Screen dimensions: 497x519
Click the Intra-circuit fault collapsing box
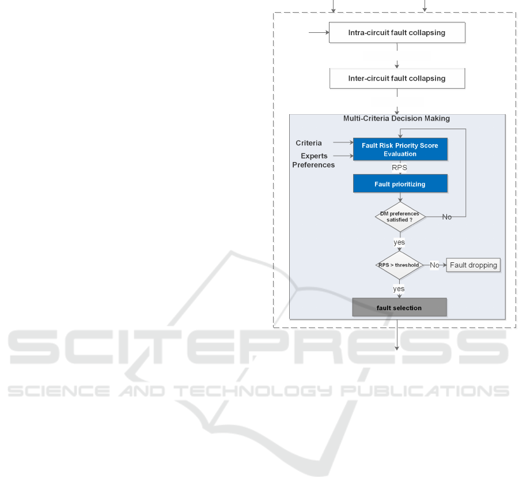[396, 33]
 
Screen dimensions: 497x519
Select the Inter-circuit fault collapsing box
[396, 78]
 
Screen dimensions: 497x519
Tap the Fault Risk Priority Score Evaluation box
[400, 150]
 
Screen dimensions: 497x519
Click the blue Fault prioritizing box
[400, 183]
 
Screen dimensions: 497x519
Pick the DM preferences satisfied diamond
[400, 217]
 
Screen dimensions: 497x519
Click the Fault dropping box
[473, 265]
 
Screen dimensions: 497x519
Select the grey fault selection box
[399, 308]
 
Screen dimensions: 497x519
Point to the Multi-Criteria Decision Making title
[396, 119]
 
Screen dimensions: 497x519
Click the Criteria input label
[309, 142]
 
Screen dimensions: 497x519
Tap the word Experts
[314, 156]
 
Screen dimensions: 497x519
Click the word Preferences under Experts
[313, 165]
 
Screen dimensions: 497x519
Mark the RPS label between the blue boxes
[399, 168]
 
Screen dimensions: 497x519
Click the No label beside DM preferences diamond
[447, 217]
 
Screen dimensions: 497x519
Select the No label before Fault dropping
[434, 265]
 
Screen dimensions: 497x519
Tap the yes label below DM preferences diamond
[399, 242]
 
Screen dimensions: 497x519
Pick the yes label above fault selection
[399, 288]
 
